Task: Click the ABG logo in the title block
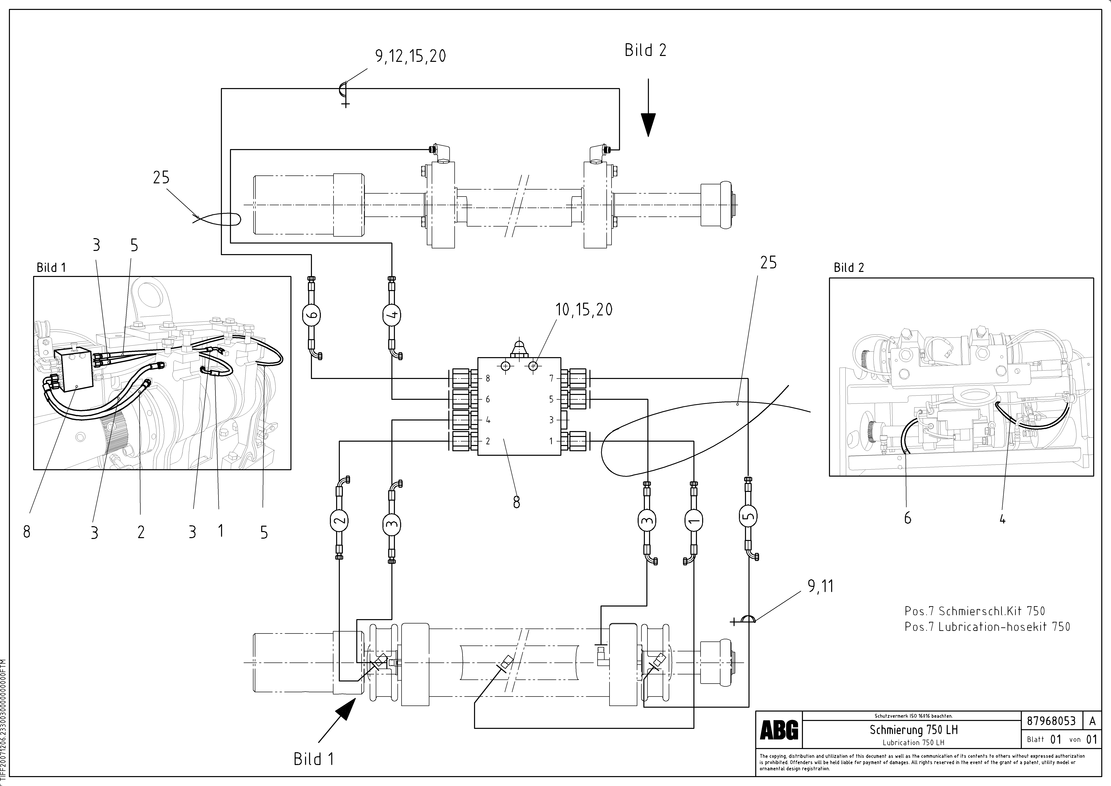(779, 730)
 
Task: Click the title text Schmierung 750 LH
(914, 729)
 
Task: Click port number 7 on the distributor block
(551, 378)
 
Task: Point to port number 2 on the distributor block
(488, 441)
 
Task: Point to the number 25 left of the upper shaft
(161, 178)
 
